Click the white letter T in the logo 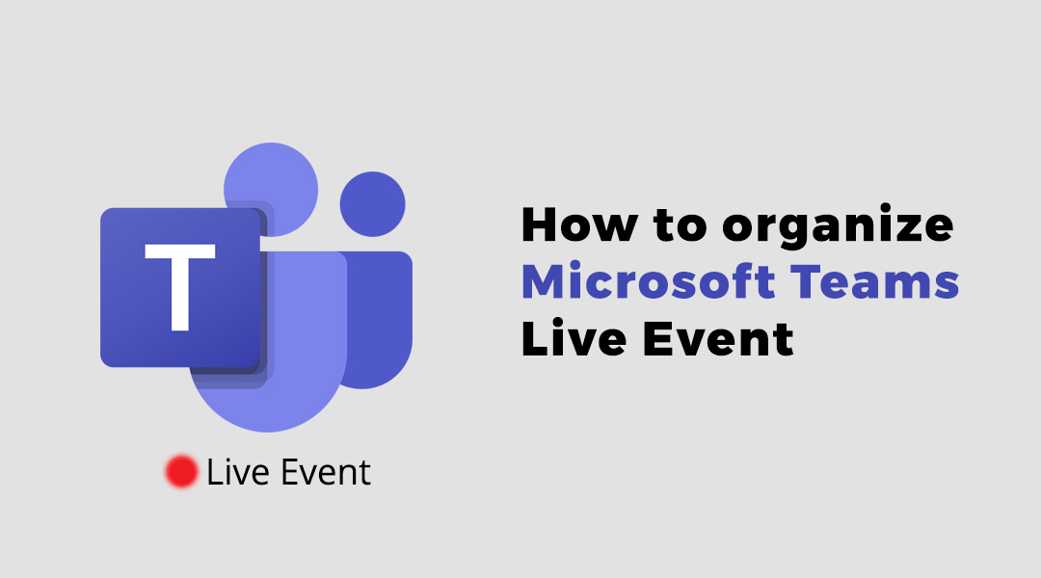point(180,287)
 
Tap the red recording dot point(181,472)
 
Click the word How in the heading point(579,225)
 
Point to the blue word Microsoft point(649,281)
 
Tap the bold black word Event point(718,338)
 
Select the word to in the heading point(680,226)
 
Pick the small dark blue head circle point(372,204)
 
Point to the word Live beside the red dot point(238,472)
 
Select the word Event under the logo point(326,472)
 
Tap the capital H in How point(539,225)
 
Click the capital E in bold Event point(656,339)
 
